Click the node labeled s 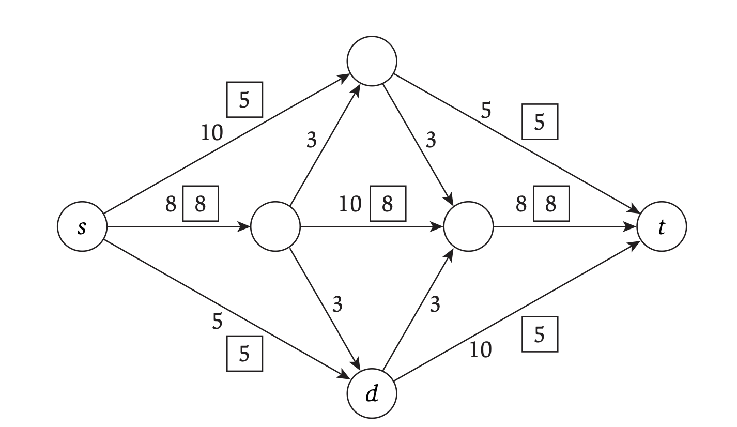pyautogui.click(x=82, y=227)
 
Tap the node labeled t pyautogui.click(x=662, y=227)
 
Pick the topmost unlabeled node pyautogui.click(x=372, y=61)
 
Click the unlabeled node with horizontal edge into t pyautogui.click(x=468, y=227)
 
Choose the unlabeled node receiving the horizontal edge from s pyautogui.click(x=275, y=227)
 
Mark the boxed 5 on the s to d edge pyautogui.click(x=244, y=354)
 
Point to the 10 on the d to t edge pyautogui.click(x=480, y=350)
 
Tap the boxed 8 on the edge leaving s pyautogui.click(x=200, y=205)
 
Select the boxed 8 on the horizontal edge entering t pyautogui.click(x=551, y=205)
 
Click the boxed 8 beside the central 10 pyautogui.click(x=388, y=205)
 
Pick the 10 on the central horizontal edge pyautogui.click(x=350, y=205)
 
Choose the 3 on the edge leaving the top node pyautogui.click(x=430, y=141)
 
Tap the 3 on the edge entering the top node pyautogui.click(x=311, y=141)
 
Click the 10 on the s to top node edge pyautogui.click(x=212, y=133)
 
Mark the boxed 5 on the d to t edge pyautogui.click(x=540, y=334)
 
